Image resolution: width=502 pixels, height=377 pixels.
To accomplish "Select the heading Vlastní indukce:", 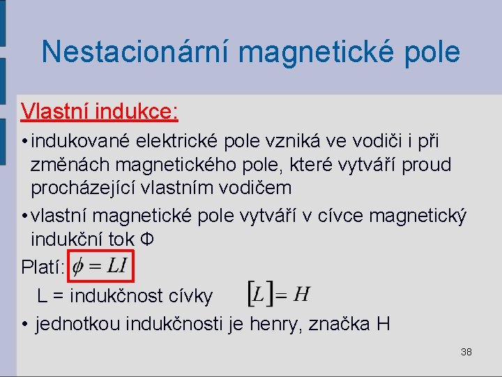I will coord(100,111).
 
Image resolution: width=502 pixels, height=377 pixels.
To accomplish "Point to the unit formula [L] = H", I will coord(279,294).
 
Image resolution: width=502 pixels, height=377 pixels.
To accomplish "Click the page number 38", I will coord(466,352).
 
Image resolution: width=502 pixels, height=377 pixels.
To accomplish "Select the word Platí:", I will coord(43,267).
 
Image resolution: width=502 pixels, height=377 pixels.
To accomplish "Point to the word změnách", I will coord(68,165).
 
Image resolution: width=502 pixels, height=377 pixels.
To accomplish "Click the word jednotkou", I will coord(79,324).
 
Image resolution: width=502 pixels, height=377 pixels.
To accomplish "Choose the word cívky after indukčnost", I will coord(188,296).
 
